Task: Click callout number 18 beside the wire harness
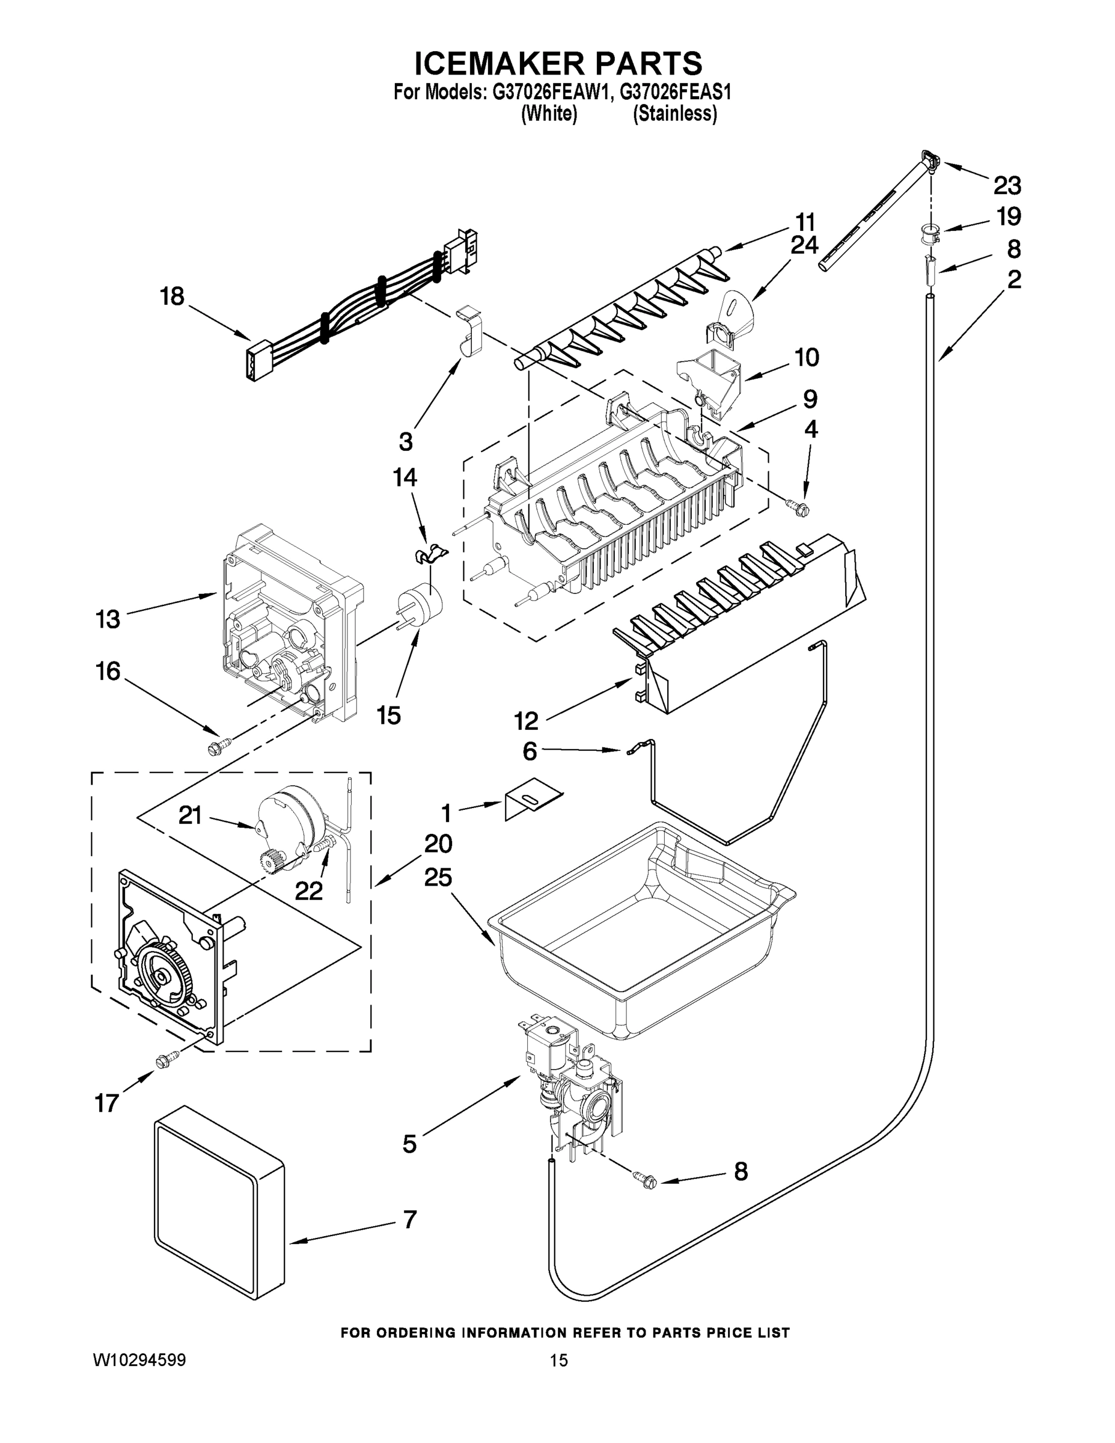172,296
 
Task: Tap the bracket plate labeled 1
532,803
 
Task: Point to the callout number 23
1007,186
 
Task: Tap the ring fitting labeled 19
927,232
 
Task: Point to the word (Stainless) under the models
674,114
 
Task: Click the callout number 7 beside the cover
409,1219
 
